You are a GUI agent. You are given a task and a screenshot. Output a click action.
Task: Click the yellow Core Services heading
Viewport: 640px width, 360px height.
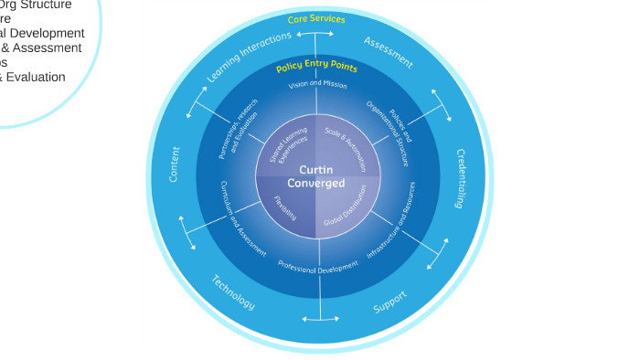coord(316,19)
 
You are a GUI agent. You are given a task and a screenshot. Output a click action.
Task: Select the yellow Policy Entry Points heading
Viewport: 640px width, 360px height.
coord(316,67)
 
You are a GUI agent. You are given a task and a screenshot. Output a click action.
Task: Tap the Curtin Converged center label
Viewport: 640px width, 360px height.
coord(316,176)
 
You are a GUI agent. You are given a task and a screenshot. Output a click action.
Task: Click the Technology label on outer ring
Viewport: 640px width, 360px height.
coord(233,292)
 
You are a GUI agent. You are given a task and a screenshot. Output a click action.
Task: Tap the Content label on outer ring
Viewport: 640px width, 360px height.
coord(175,164)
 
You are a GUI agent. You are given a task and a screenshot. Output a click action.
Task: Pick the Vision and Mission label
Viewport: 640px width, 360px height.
coord(317,85)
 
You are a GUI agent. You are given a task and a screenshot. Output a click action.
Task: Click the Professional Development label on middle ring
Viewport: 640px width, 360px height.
coord(318,268)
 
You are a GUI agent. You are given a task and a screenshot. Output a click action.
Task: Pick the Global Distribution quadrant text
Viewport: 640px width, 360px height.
coord(346,206)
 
